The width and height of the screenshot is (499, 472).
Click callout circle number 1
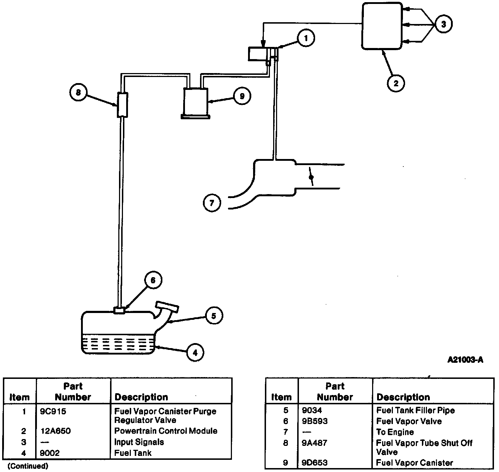[x=306, y=38]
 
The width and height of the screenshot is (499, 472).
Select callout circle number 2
[x=396, y=83]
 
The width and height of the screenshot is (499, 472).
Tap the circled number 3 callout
[x=443, y=24]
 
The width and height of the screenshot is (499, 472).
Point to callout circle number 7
[x=212, y=203]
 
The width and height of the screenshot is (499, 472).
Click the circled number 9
[x=242, y=96]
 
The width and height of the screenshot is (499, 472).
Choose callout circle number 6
[x=153, y=280]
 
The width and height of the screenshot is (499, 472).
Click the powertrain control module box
[x=381, y=26]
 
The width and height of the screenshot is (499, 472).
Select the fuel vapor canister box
[x=196, y=101]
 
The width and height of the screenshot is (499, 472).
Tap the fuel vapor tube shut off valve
[x=122, y=104]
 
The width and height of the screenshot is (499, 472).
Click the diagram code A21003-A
[x=465, y=360]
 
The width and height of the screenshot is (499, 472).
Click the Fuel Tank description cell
[x=133, y=453]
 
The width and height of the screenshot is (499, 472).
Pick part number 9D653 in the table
[x=314, y=463]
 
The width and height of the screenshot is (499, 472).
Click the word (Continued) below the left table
[x=28, y=466]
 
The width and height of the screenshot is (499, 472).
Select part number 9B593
[x=314, y=421]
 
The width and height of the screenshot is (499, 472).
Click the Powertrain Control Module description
[x=166, y=431]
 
